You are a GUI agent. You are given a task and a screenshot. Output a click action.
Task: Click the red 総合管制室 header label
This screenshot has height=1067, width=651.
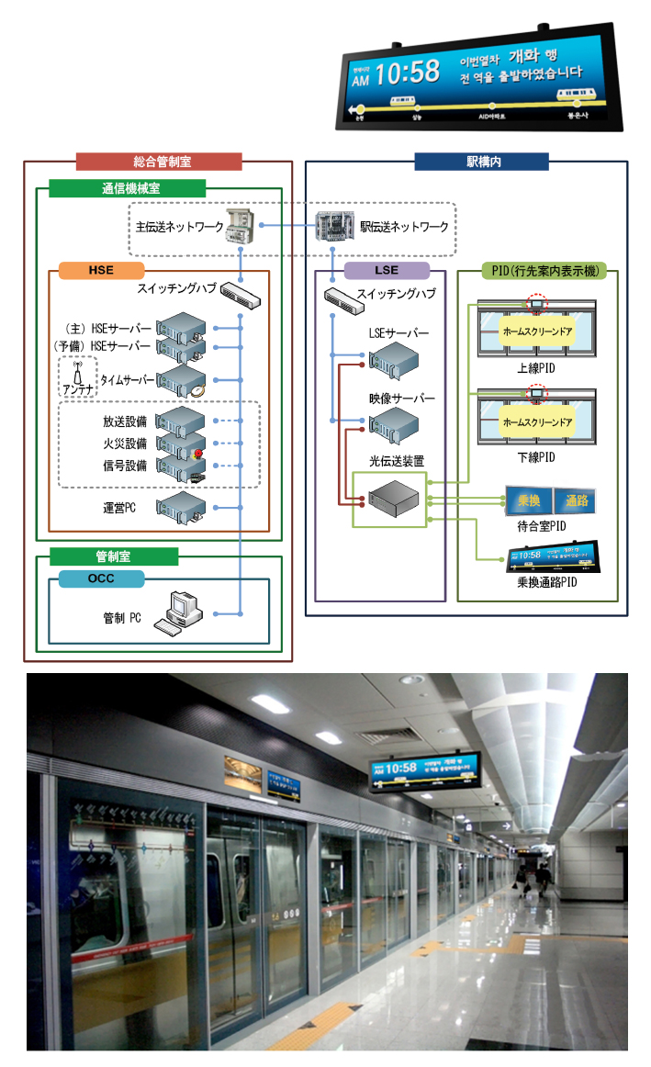click(159, 162)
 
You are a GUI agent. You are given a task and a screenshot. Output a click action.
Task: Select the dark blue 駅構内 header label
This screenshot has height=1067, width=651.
click(481, 162)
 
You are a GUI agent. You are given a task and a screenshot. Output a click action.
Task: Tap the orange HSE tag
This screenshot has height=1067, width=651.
click(101, 270)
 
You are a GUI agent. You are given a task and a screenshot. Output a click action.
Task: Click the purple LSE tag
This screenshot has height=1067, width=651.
click(387, 270)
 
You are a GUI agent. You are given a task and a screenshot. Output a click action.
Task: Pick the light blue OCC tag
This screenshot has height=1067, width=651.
click(101, 578)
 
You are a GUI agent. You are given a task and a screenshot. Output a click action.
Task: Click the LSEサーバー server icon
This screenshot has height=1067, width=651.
click(393, 359)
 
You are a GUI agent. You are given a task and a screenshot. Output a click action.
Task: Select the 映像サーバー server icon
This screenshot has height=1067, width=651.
click(393, 423)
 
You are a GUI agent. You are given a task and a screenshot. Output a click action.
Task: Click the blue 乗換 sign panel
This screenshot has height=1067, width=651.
click(528, 500)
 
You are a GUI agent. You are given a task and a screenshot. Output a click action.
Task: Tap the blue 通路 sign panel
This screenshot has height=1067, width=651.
click(576, 500)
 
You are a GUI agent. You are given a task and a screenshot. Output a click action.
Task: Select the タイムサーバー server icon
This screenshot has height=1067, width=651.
click(181, 379)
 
